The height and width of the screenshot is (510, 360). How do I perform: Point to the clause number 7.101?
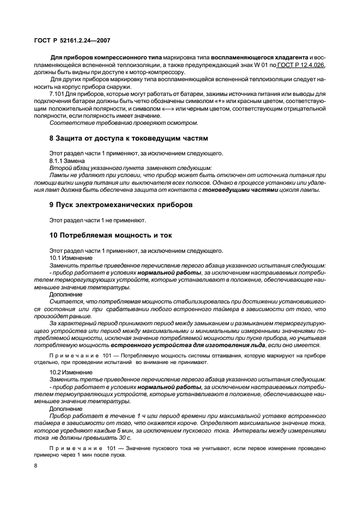coord(59,93)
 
